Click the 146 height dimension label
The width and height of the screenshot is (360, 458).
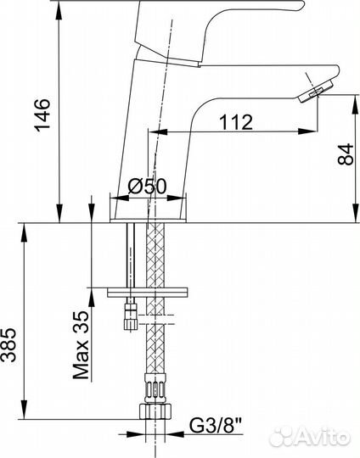coord(42,115)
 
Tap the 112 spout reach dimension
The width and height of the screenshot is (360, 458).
coord(236,122)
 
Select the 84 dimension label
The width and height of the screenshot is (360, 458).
coord(346,154)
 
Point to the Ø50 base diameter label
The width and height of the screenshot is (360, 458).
coord(147,186)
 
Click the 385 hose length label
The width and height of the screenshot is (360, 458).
coord(8,345)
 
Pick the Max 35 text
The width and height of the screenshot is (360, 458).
coord(81,345)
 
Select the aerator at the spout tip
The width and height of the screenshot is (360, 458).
coord(316,92)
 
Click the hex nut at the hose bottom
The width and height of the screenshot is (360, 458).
coord(155,411)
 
